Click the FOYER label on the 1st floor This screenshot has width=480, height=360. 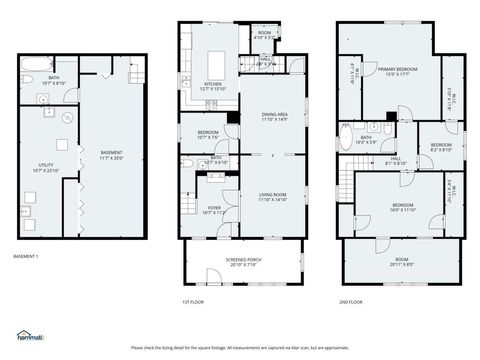[x=213, y=209]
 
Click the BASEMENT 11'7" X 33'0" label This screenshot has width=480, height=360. [x=111, y=155]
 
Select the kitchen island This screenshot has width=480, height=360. [x=220, y=57]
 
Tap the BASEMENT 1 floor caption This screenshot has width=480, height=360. [x=25, y=257]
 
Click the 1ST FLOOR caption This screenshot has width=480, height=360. [x=194, y=301]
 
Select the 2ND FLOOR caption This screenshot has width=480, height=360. [x=350, y=301]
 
